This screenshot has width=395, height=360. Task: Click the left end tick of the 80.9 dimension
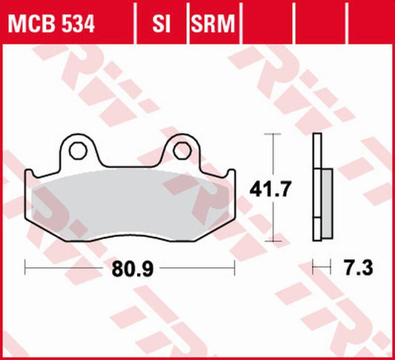click(x=26, y=264)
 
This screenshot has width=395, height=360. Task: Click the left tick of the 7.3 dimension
click(x=313, y=264)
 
